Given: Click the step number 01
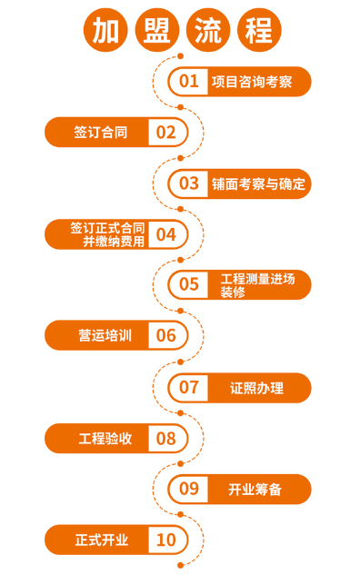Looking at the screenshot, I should click(x=188, y=81).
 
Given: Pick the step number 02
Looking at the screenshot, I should click(x=165, y=132).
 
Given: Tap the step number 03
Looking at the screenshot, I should click(x=188, y=183).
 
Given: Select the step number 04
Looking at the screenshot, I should click(x=165, y=233).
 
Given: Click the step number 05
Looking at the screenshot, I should click(x=188, y=284).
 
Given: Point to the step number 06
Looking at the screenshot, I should click(x=165, y=335).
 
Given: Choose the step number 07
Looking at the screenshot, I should click(x=188, y=387).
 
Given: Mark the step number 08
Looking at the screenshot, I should click(x=165, y=439).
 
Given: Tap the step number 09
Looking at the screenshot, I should click(x=188, y=489).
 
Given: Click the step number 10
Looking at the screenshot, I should click(x=165, y=540).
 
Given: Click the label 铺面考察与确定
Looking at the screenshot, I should click(x=257, y=183).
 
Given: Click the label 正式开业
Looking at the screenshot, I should click(x=102, y=540).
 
